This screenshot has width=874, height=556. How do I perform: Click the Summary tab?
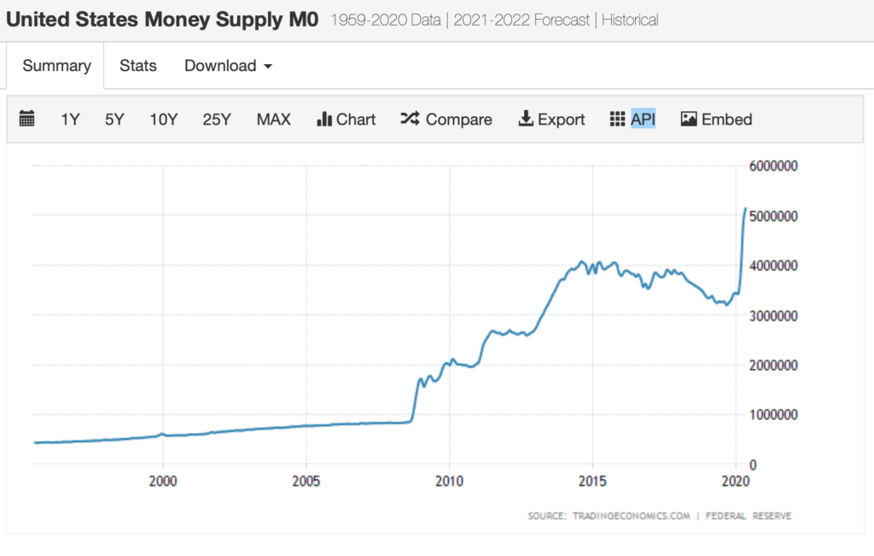tap(56, 66)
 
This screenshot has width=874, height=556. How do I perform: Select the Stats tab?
tap(138, 66)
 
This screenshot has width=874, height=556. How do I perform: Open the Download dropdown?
tap(228, 66)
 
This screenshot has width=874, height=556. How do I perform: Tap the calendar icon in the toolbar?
tap(26, 120)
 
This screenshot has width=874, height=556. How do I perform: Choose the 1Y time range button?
tap(70, 120)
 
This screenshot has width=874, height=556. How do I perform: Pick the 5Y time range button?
tap(114, 120)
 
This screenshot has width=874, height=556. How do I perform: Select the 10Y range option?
tap(163, 120)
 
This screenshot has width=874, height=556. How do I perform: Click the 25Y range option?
tap(217, 120)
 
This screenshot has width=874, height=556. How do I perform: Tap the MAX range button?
tap(273, 120)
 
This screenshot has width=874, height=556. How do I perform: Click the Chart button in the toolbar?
tap(346, 120)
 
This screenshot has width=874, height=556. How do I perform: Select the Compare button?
tap(446, 120)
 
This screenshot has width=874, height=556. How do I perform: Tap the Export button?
tap(551, 120)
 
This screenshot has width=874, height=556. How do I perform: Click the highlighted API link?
tap(643, 120)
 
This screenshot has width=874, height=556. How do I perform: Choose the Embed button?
tap(716, 120)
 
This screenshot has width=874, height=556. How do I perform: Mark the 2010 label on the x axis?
tap(450, 481)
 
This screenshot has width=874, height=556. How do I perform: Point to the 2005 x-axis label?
tap(306, 481)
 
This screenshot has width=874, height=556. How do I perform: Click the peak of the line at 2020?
tap(745, 208)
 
